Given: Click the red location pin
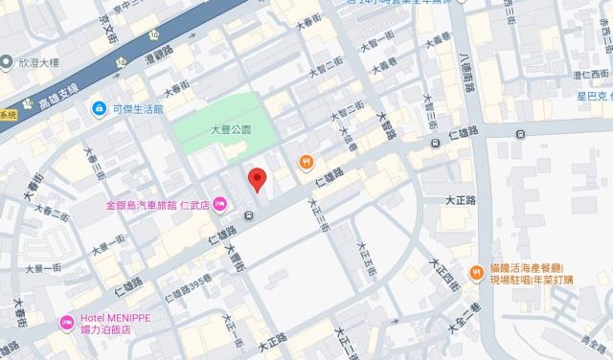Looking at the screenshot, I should coord(256,179).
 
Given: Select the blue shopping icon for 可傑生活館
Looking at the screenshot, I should coord(99,109).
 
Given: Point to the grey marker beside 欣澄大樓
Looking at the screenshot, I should coord(7,65).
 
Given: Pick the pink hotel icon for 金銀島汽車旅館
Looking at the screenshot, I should coord(219,202).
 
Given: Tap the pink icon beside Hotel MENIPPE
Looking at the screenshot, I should coord(67,323).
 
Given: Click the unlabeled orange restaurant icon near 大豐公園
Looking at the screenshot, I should coord(306,162).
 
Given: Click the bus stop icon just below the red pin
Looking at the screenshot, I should coord(249,215).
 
